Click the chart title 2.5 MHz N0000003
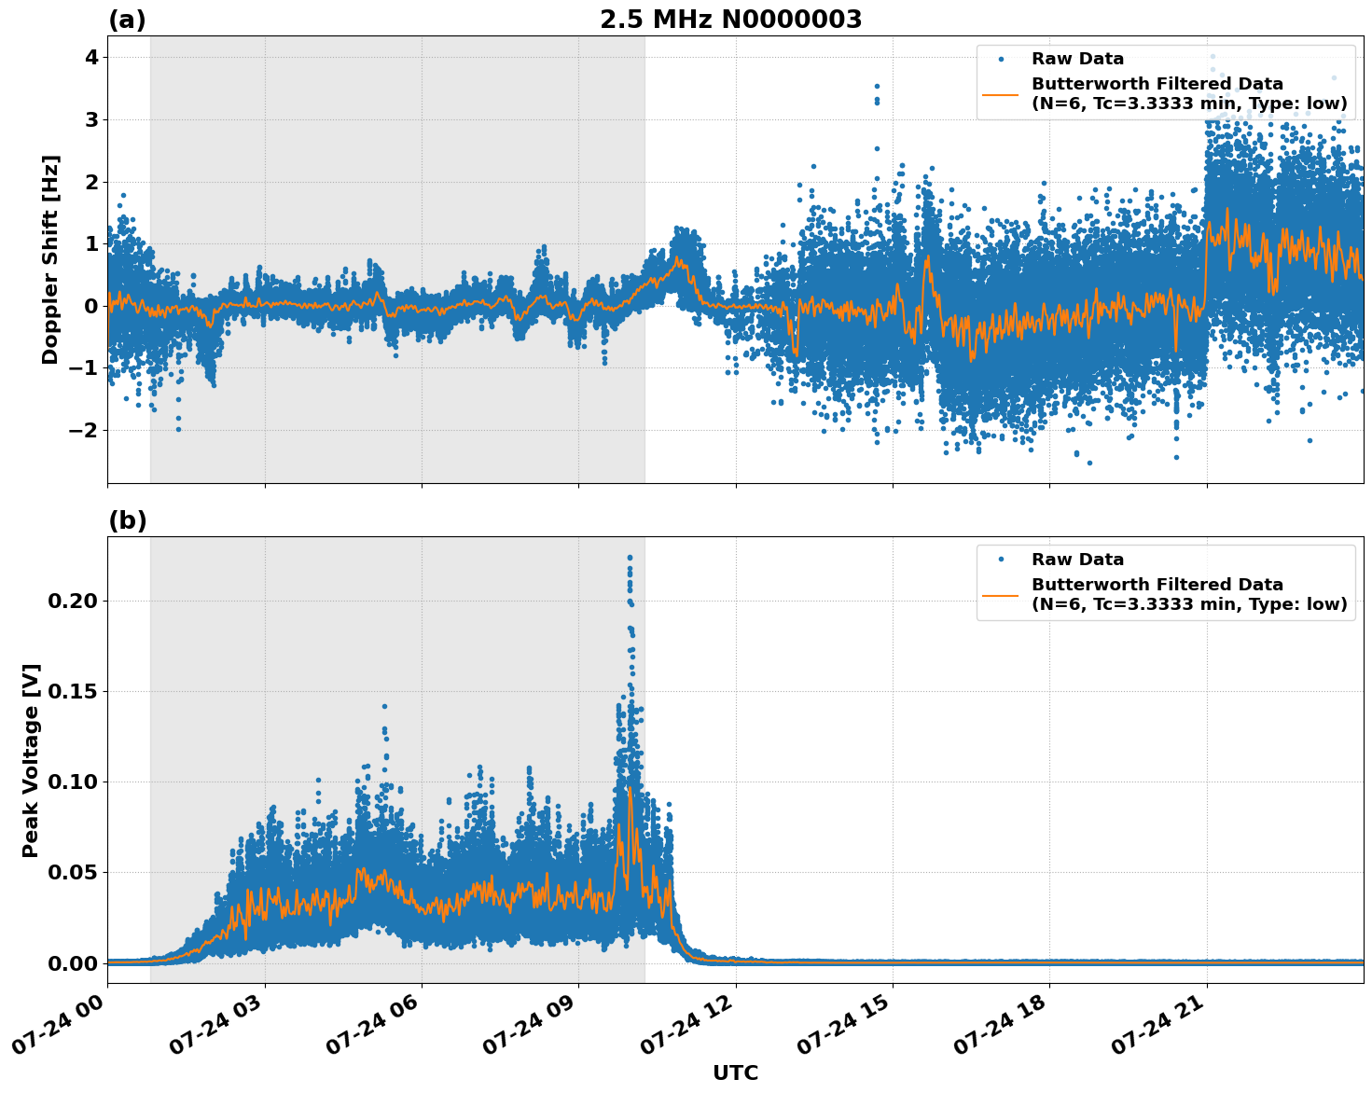tap(730, 20)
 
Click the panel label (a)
tap(127, 20)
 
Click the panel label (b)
tap(127, 520)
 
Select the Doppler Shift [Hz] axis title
tap(50, 259)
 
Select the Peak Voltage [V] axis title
tap(31, 760)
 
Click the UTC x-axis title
tap(735, 1072)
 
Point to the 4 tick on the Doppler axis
tap(91, 58)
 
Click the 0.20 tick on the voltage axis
tap(72, 601)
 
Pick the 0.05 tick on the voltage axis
tap(72, 872)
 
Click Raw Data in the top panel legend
tap(1077, 59)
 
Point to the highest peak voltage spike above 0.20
tap(630, 558)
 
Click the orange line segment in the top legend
tap(1001, 93)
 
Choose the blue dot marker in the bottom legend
tap(1001, 560)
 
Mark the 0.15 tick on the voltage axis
tap(72, 691)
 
